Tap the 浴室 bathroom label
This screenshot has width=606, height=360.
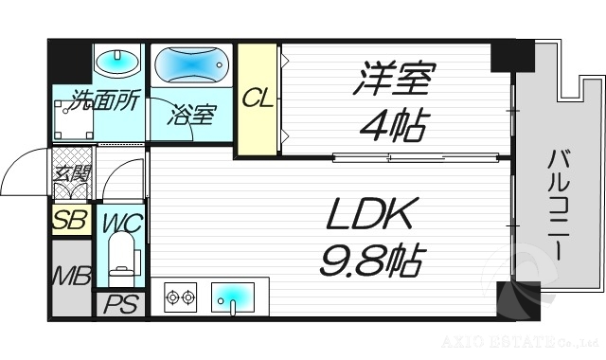coord(194,115)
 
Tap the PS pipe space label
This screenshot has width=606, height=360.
coord(118,306)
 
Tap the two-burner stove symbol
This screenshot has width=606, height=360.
coord(180,298)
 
